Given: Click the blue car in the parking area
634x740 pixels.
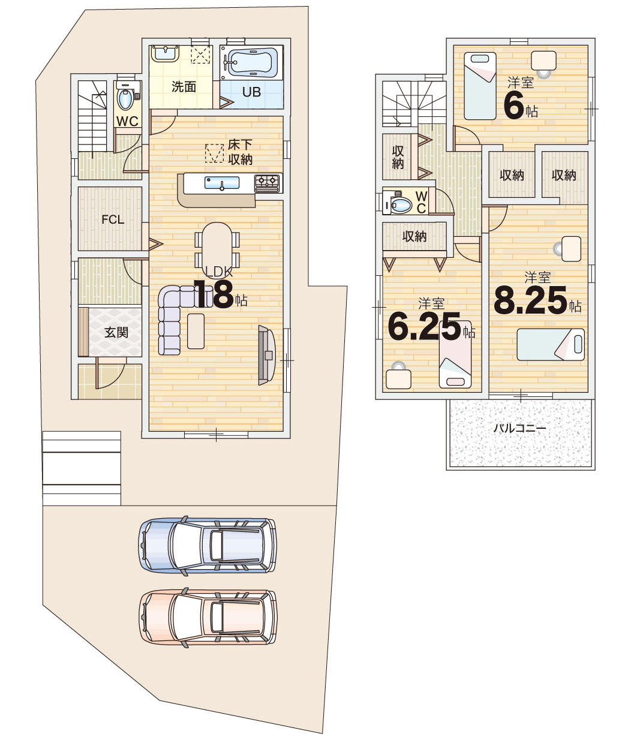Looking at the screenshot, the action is click(x=208, y=546).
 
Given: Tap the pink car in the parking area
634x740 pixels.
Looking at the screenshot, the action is click(x=208, y=617).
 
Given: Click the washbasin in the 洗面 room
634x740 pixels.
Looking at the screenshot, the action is click(x=165, y=54).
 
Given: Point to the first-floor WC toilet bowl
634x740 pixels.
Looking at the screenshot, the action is click(x=125, y=100).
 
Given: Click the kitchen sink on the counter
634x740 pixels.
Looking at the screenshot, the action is click(x=222, y=183).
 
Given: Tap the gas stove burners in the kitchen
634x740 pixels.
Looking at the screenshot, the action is click(x=267, y=183).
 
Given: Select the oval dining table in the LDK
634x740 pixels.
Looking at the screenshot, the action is click(x=217, y=246).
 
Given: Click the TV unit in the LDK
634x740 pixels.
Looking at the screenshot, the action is click(x=267, y=355).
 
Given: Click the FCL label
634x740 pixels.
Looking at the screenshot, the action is click(x=113, y=219).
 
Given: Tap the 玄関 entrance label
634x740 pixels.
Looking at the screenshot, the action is click(x=116, y=333).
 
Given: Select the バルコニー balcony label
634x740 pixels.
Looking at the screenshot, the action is click(x=520, y=428).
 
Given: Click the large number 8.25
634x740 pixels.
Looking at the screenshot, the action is click(x=530, y=300).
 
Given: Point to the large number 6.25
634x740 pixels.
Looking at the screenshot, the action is click(x=425, y=326).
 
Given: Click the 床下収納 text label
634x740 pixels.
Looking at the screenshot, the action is click(x=240, y=152).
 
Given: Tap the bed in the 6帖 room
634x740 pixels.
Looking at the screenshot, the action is click(x=480, y=86).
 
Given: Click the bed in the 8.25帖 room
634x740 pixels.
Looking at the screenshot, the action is click(x=551, y=344).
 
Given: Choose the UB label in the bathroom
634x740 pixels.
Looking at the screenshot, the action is click(x=251, y=92).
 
